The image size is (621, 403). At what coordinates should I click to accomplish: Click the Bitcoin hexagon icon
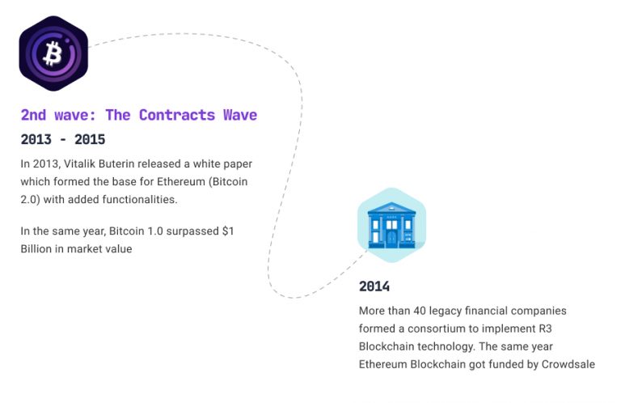53,53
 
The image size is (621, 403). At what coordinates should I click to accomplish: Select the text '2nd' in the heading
34,115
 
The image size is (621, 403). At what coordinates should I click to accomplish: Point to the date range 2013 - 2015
63,139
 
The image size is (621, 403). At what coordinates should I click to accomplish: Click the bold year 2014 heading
374,286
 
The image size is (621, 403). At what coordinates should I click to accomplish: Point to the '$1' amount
230,231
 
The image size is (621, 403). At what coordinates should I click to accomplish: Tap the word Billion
38,249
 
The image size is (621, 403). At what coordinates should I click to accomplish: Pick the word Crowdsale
567,364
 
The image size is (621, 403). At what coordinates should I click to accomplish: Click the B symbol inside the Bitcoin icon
53,54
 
